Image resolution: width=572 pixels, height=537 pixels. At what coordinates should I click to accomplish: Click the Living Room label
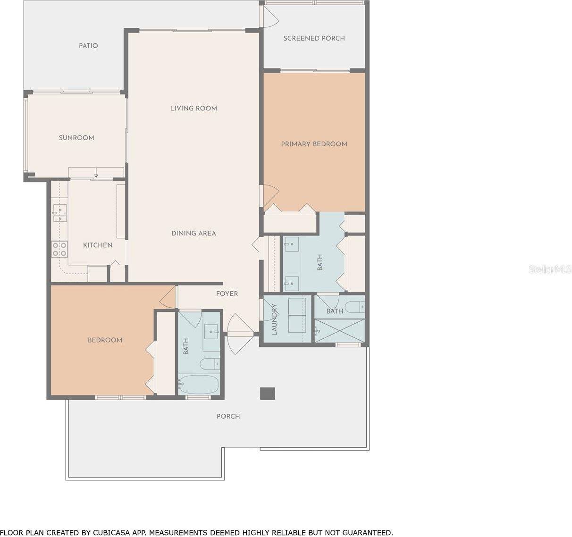point(193,109)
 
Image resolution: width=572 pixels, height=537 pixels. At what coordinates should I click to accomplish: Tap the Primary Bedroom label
point(314,144)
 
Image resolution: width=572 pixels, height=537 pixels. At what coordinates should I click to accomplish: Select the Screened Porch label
point(314,38)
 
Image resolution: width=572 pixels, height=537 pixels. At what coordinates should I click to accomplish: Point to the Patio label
point(88,46)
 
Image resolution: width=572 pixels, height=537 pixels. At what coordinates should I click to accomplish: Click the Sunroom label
point(76,138)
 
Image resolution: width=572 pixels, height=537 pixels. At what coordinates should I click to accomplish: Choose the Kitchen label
point(98,245)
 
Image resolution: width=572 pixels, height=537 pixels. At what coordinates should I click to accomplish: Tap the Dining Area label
point(193,233)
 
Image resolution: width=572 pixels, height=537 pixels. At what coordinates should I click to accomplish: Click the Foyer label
point(227,294)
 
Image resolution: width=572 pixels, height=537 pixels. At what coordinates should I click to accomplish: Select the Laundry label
point(275,319)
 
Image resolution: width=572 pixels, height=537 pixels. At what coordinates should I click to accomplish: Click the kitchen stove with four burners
point(59,249)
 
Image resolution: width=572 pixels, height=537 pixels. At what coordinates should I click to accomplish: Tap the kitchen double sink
point(59,213)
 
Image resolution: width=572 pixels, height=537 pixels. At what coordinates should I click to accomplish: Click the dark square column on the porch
point(268,394)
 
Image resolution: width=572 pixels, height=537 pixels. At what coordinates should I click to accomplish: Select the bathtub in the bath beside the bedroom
point(199,385)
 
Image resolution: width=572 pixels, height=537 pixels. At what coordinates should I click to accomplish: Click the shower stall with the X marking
point(340,330)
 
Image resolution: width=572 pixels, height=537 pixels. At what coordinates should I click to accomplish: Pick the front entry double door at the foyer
point(240,334)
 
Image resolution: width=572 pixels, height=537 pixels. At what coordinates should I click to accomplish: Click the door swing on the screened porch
point(270,17)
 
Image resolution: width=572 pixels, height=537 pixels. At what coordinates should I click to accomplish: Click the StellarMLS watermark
point(550,269)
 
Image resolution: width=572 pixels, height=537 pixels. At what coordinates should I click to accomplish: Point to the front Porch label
point(228,416)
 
